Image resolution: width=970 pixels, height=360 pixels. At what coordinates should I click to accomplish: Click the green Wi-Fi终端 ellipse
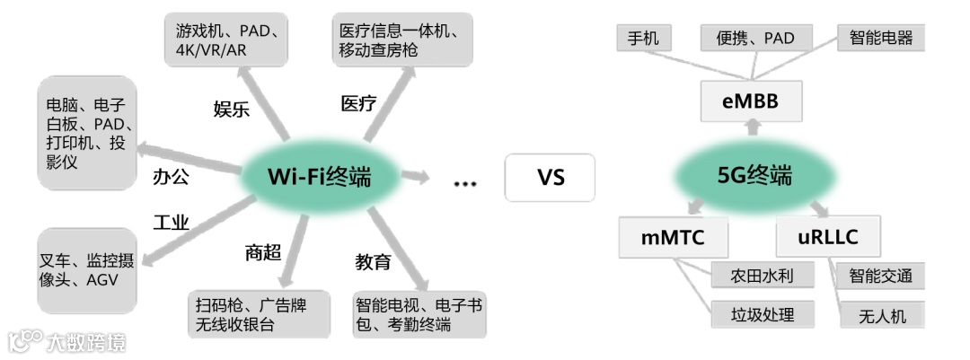point(319,177)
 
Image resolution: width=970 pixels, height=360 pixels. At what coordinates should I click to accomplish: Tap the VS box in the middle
point(551,177)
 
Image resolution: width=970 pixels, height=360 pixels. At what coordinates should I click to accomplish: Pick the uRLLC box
point(828,238)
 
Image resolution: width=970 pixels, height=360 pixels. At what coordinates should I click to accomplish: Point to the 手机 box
point(643,38)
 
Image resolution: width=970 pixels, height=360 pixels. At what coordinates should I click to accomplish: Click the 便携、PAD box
point(756,38)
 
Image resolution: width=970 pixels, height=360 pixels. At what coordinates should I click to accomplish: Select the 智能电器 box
point(880,38)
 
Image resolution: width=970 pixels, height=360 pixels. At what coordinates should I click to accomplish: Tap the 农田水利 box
point(751,275)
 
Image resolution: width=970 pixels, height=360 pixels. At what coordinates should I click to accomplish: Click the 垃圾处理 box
point(751,313)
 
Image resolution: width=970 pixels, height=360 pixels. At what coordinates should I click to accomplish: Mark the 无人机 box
point(882,315)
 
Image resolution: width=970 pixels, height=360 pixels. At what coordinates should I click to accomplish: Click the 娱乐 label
point(231,110)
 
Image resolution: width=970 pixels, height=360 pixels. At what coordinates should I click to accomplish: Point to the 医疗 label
point(358,103)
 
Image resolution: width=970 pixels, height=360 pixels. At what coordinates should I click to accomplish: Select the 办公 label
point(171,176)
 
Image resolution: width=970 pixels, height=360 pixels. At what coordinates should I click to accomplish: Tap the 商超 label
point(262,253)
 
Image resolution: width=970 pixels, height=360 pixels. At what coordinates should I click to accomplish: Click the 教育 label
point(373,262)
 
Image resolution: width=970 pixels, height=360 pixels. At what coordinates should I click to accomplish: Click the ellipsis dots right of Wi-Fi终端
point(464,184)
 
